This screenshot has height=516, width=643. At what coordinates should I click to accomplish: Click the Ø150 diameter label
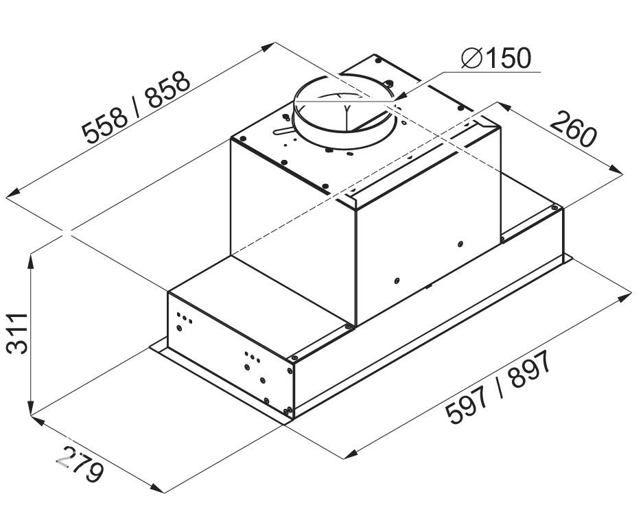[x=495, y=58]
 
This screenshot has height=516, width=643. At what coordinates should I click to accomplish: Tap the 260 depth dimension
[x=572, y=130]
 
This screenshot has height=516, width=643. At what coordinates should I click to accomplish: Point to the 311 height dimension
[x=17, y=333]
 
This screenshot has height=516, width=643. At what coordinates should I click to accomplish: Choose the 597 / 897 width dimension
[x=499, y=388]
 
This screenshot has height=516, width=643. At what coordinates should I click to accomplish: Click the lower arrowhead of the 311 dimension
[x=31, y=408]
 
